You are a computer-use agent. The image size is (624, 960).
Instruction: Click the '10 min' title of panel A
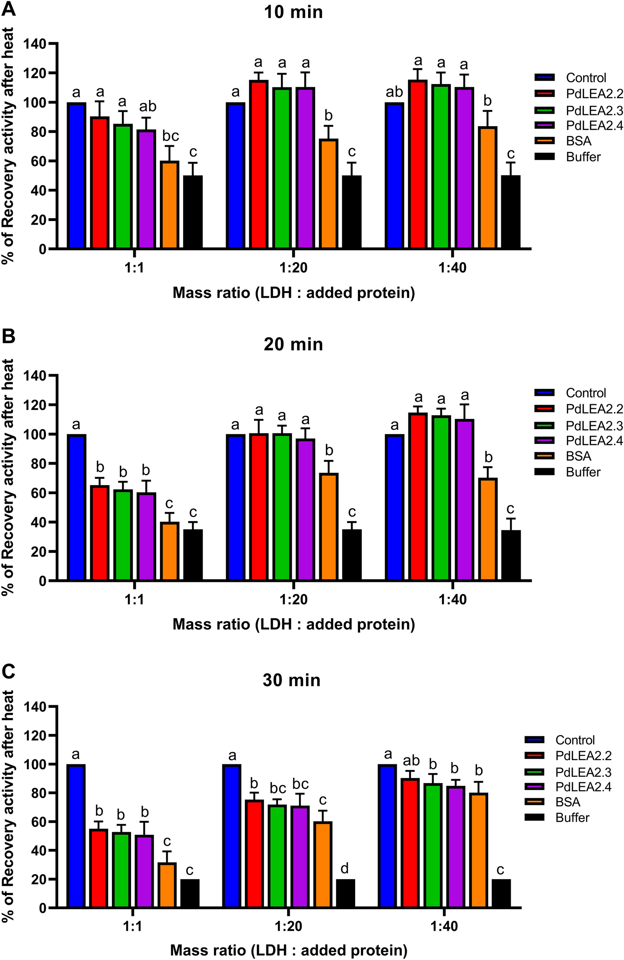click(293, 12)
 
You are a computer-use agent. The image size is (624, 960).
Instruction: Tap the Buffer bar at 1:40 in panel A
click(511, 212)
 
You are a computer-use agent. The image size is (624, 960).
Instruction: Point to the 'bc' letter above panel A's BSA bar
click(170, 136)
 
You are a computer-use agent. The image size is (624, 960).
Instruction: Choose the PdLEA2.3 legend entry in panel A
click(594, 110)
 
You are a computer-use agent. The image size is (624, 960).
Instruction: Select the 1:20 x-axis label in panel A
click(293, 268)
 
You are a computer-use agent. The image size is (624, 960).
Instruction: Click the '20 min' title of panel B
click(293, 344)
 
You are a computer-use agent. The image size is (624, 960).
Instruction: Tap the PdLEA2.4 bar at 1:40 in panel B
click(465, 500)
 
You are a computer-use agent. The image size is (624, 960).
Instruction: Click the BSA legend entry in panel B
click(578, 456)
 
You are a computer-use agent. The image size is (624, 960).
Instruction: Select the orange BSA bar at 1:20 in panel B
click(329, 527)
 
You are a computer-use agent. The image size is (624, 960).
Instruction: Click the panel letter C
click(8, 671)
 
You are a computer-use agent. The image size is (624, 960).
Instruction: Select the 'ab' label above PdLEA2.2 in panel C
click(411, 761)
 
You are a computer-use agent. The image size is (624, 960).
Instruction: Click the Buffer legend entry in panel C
click(572, 817)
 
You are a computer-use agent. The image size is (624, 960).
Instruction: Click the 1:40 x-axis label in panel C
click(444, 926)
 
